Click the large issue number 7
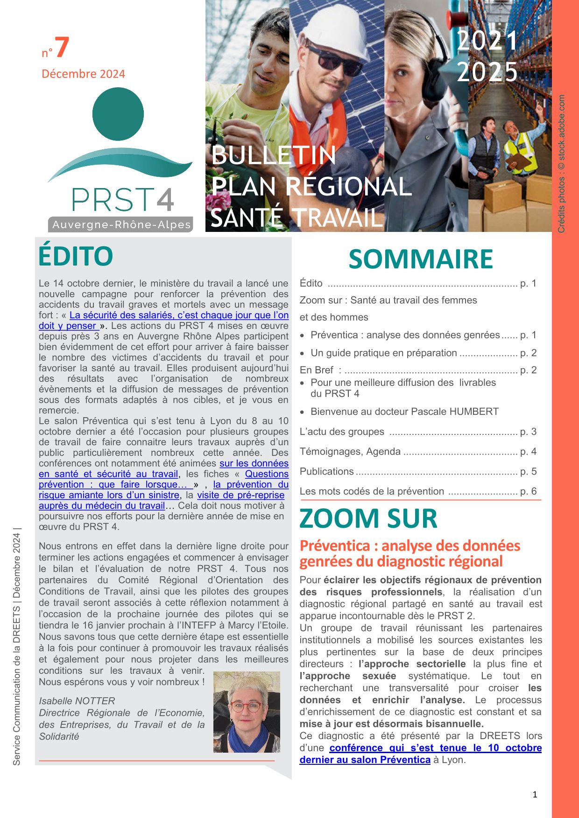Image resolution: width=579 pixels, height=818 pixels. pos(62,48)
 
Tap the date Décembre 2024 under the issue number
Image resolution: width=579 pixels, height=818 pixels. pos(83,74)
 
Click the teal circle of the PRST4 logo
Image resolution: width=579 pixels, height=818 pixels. pos(118,114)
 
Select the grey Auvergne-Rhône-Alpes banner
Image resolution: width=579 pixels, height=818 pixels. pos(121,224)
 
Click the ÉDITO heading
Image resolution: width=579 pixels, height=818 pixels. pos(76,256)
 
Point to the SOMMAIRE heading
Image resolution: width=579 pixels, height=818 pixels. pos(420,259)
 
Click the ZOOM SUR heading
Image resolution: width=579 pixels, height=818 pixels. pos(368,518)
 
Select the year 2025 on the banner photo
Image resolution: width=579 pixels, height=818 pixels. pos(487,72)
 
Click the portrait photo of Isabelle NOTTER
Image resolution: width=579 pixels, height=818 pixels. pos(247,712)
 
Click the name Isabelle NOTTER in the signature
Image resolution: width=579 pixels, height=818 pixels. pos(77,701)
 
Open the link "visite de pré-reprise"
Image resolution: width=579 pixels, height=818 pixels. pos(240,495)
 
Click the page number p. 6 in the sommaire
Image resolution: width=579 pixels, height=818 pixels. pos(528,491)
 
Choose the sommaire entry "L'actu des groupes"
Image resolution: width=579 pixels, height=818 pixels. pos(342,432)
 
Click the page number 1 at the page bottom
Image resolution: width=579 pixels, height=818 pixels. pos(535,795)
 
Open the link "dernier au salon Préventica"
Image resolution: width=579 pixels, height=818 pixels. pos(365,760)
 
